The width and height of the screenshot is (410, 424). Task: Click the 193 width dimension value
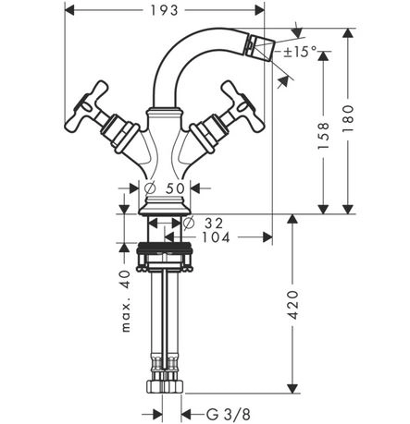pos(164,11)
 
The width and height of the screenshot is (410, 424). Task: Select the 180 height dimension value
pos(348,119)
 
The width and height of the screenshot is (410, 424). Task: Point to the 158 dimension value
pos(323,136)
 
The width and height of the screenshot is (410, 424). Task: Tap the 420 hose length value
pos(292,305)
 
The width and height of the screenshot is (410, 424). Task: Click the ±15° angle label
pos(301,52)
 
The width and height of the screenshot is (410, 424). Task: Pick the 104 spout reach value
pos(216,237)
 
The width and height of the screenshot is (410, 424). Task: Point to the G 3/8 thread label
pos(229,415)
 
